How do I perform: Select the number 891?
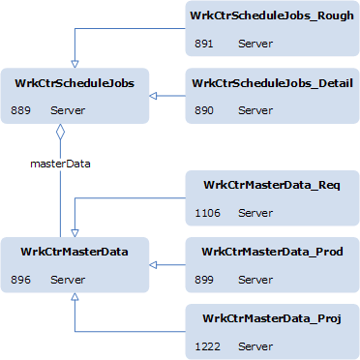204,44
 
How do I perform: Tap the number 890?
204,111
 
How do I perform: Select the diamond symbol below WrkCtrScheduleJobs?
61,132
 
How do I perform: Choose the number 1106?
207,213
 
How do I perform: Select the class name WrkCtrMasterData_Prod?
271,253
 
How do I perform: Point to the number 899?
204,280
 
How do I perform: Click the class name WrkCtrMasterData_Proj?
271,318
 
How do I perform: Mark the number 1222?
207,346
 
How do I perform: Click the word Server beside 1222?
255,346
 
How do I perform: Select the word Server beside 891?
255,44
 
